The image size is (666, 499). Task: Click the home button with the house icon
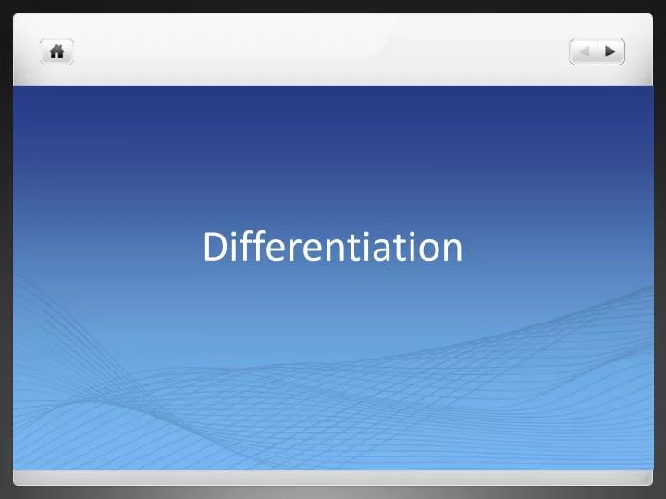(56, 52)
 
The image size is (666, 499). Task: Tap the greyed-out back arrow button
(584, 52)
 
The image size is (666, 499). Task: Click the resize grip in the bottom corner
(646, 478)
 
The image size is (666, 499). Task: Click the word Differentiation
(333, 247)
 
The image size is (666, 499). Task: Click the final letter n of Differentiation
(452, 249)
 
